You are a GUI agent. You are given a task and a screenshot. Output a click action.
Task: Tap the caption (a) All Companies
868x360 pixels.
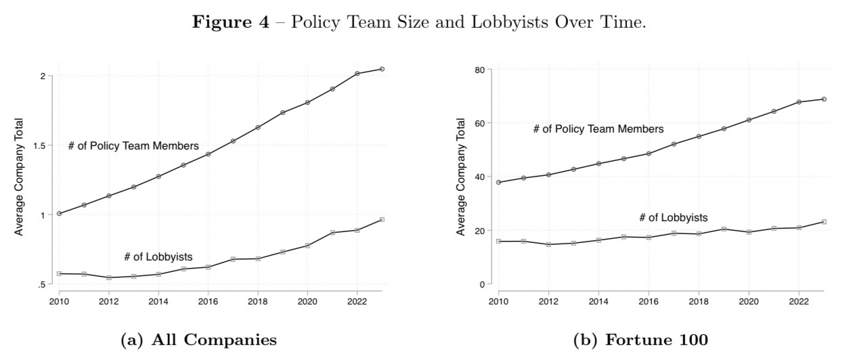pos(198,340)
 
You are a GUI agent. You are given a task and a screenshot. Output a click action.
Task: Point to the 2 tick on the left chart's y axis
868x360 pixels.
pos(42,76)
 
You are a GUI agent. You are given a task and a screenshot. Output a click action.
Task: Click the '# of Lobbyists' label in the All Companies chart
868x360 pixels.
pos(158,257)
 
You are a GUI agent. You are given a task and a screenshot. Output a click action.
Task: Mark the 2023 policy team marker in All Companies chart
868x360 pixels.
pos(382,69)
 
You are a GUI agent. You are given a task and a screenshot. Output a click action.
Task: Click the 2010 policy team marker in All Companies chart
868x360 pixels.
pos(60,213)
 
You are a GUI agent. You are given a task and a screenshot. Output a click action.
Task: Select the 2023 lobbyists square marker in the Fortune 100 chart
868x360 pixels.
pos(824,222)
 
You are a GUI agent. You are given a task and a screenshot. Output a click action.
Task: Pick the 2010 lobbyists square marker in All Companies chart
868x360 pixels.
pos(60,273)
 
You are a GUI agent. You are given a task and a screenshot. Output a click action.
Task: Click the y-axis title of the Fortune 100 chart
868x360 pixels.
pos(462,177)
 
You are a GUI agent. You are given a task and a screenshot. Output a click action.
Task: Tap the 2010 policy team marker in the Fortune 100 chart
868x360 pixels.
pos(499,182)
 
